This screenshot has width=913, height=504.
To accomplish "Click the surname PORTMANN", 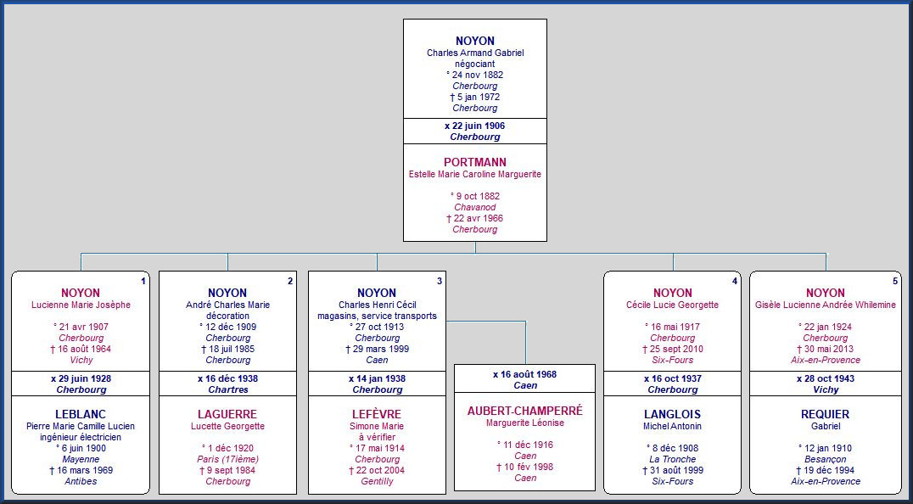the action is tap(475, 162).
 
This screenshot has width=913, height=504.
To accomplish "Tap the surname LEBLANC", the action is tap(81, 414).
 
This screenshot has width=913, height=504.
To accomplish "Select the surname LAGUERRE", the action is tap(227, 414).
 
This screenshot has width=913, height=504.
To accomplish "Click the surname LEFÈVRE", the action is tap(377, 414).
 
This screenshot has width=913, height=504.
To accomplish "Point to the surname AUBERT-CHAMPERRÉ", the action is tap(525, 411).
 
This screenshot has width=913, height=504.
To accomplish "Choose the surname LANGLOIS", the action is tap(673, 414).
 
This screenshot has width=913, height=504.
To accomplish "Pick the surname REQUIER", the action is tap(825, 414).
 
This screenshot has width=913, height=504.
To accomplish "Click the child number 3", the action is tap(439, 281).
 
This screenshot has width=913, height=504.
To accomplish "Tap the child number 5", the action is tap(895, 281).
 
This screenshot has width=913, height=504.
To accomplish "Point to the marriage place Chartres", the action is tap(227, 389).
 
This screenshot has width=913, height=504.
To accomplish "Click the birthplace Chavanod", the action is tap(475, 207).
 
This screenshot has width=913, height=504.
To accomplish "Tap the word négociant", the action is tap(475, 64).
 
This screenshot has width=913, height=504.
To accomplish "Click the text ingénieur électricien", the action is tap(81, 437).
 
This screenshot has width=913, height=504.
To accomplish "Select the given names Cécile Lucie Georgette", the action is tap(673, 305).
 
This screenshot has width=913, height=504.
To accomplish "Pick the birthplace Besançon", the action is tap(825, 459).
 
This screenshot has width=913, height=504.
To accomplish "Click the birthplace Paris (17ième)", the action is tap(227, 459).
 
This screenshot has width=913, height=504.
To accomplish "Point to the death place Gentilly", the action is tap(377, 481).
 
